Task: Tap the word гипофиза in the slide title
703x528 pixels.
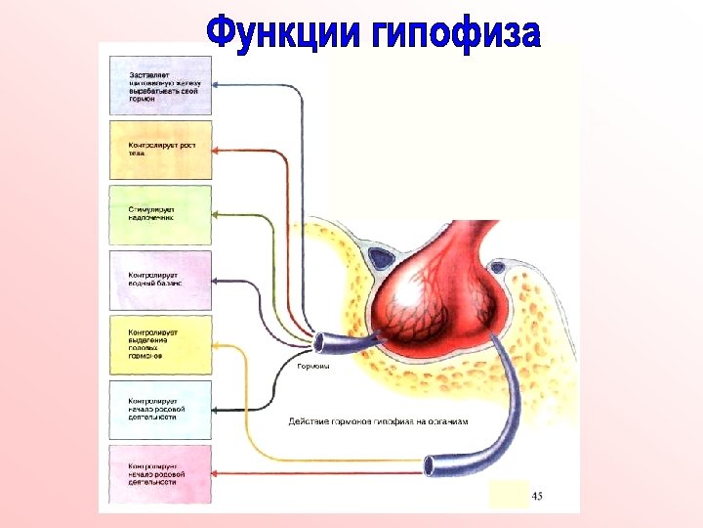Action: [x=456, y=32]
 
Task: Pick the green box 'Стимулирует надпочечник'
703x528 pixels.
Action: [x=161, y=214]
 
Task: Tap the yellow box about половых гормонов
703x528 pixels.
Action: [x=161, y=345]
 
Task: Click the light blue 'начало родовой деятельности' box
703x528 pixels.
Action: [x=161, y=410]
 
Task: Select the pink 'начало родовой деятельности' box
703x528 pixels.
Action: [x=161, y=475]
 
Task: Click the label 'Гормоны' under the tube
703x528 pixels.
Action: [x=313, y=368]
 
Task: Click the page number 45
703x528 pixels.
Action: [x=536, y=497]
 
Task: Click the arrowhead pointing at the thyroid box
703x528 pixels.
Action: [x=218, y=83]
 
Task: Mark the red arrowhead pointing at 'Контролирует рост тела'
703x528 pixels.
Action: [x=218, y=150]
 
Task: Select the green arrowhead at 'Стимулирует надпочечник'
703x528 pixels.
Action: [x=218, y=214]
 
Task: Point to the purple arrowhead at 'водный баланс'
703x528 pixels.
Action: [x=218, y=281]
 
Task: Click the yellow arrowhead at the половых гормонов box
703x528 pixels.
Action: [x=218, y=345]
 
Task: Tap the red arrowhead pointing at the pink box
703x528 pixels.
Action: [x=218, y=475]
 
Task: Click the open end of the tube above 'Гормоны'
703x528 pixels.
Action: [x=318, y=343]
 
